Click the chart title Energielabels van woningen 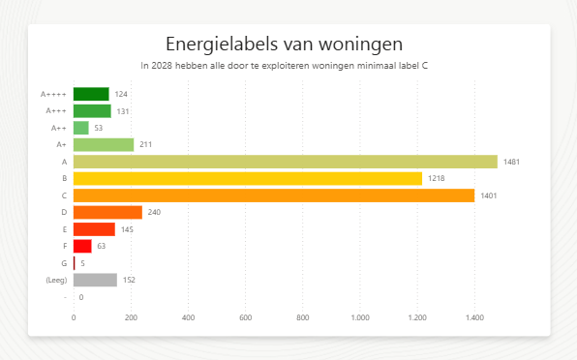coord(284,44)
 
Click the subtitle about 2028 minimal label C coord(284,67)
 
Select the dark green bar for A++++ coord(91,94)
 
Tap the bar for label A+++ coord(92,111)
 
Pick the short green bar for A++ coord(81,128)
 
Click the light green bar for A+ coord(104,144)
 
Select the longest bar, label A coord(285,162)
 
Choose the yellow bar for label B coord(248,178)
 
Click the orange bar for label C coord(274,195)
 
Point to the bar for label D coord(107,212)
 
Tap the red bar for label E coord(94,229)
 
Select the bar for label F coord(82,246)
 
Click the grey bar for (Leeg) coord(95,280)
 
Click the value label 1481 coord(511,162)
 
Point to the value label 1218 coord(436,179)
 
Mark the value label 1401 coord(489,195)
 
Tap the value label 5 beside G coord(82,263)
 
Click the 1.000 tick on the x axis coord(360,317)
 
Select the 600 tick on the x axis coord(245,317)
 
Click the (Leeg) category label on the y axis coord(56,280)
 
